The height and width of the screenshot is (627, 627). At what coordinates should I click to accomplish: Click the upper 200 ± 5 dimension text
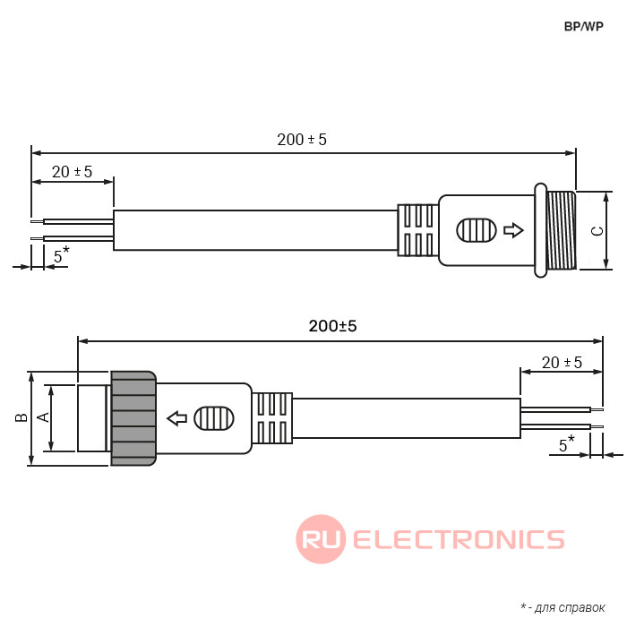[x=302, y=140]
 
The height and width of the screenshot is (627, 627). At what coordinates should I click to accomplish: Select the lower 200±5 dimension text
[x=332, y=327]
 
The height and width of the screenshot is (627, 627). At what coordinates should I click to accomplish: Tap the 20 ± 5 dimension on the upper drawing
[x=72, y=171]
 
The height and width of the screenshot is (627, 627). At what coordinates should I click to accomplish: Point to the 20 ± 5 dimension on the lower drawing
[x=562, y=362]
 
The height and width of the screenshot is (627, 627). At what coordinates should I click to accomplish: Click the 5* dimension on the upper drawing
[x=61, y=255]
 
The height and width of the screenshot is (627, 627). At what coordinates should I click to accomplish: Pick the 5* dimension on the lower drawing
[x=566, y=443]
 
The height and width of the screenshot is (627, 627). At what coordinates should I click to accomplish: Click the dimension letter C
[x=597, y=230]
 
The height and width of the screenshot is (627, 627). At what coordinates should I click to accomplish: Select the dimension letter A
[x=40, y=417]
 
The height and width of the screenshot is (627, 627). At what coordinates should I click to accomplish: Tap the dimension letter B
[x=18, y=417]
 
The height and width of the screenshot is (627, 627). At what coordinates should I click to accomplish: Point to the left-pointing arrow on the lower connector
[x=177, y=417]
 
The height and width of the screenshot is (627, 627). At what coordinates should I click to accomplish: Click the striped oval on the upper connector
[x=476, y=230]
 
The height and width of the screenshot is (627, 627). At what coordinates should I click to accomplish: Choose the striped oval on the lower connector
[x=214, y=417]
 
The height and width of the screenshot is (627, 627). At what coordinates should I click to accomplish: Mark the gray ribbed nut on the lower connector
[x=133, y=417]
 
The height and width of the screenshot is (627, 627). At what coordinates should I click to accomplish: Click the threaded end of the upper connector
[x=561, y=230]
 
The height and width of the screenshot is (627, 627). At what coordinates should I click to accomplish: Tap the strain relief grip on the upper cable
[x=417, y=230]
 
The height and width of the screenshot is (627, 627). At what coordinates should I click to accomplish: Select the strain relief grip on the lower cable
[x=272, y=417]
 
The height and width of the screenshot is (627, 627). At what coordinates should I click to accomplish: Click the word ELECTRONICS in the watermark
[x=459, y=538]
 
